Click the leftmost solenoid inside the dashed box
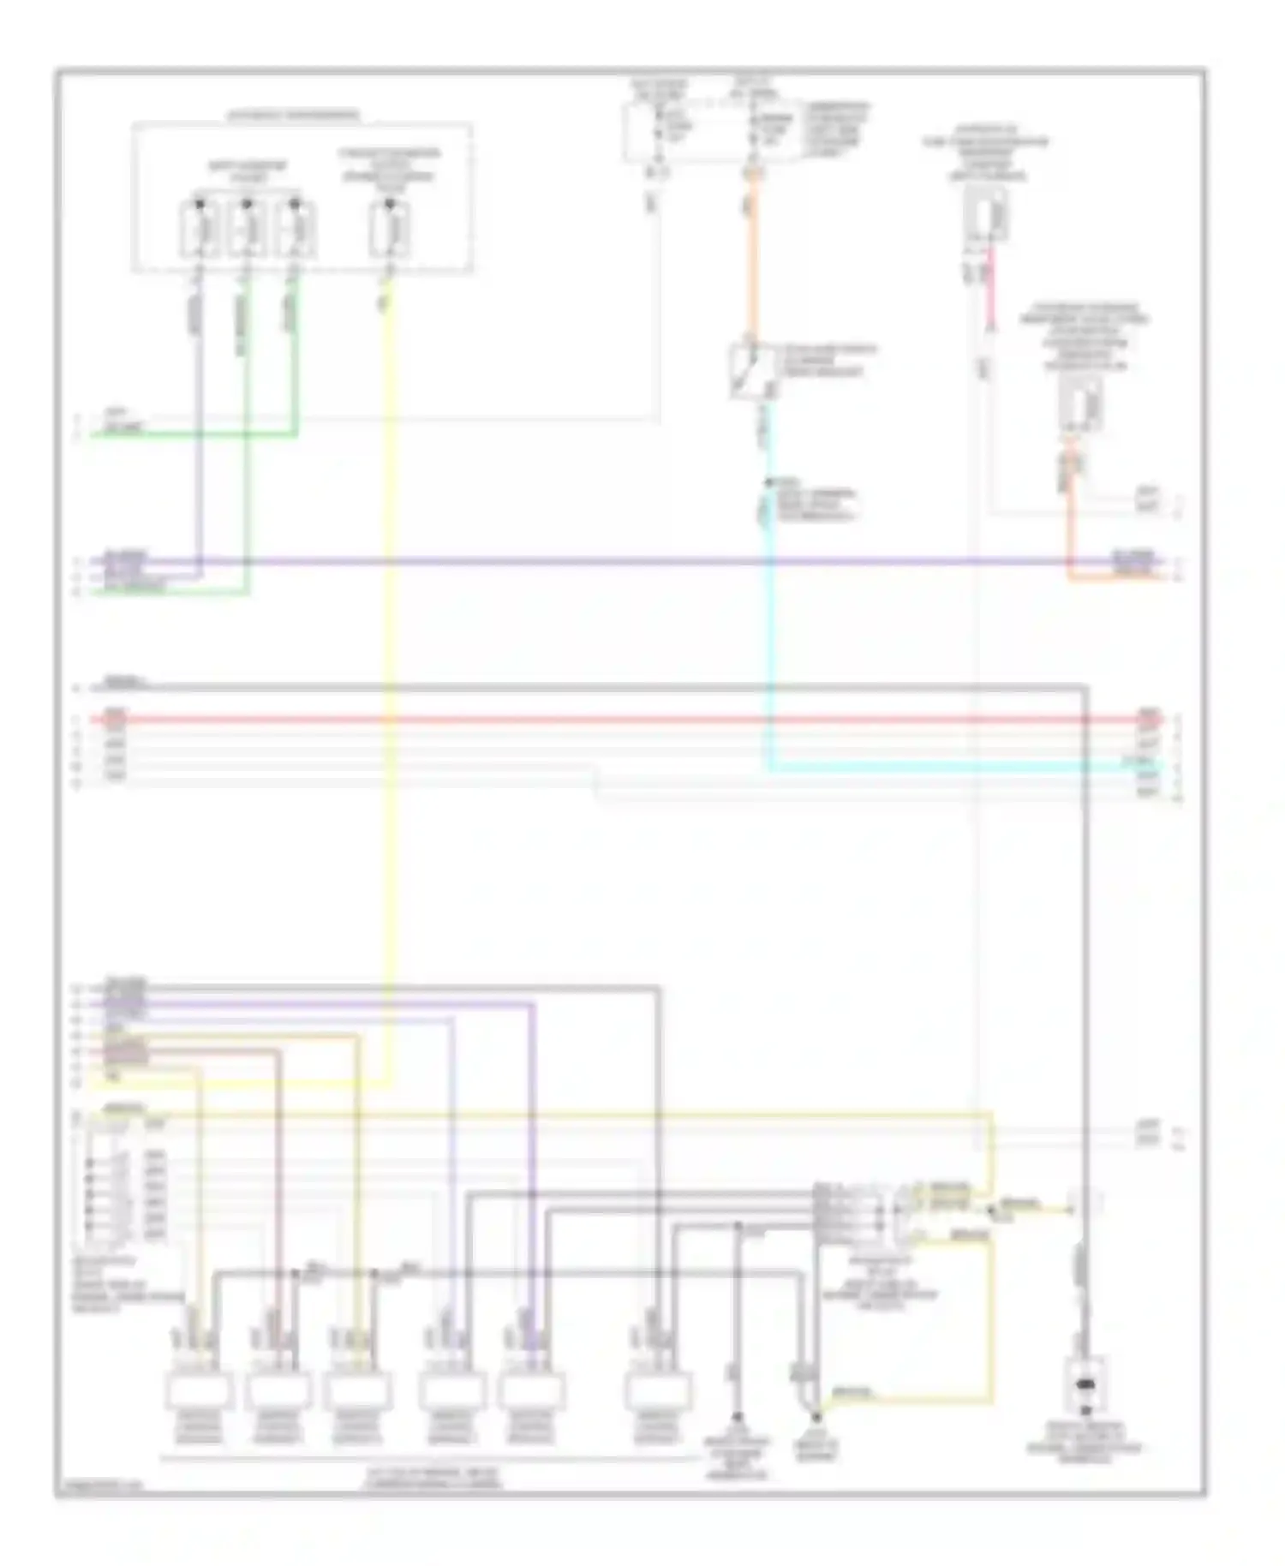point(199,230)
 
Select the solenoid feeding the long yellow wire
point(389,230)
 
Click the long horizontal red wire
point(600,720)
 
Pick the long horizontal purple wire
point(600,562)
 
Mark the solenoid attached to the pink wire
point(989,214)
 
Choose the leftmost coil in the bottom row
point(199,1390)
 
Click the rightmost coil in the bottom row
point(655,1390)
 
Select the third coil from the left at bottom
point(358,1390)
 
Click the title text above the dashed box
point(293,115)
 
